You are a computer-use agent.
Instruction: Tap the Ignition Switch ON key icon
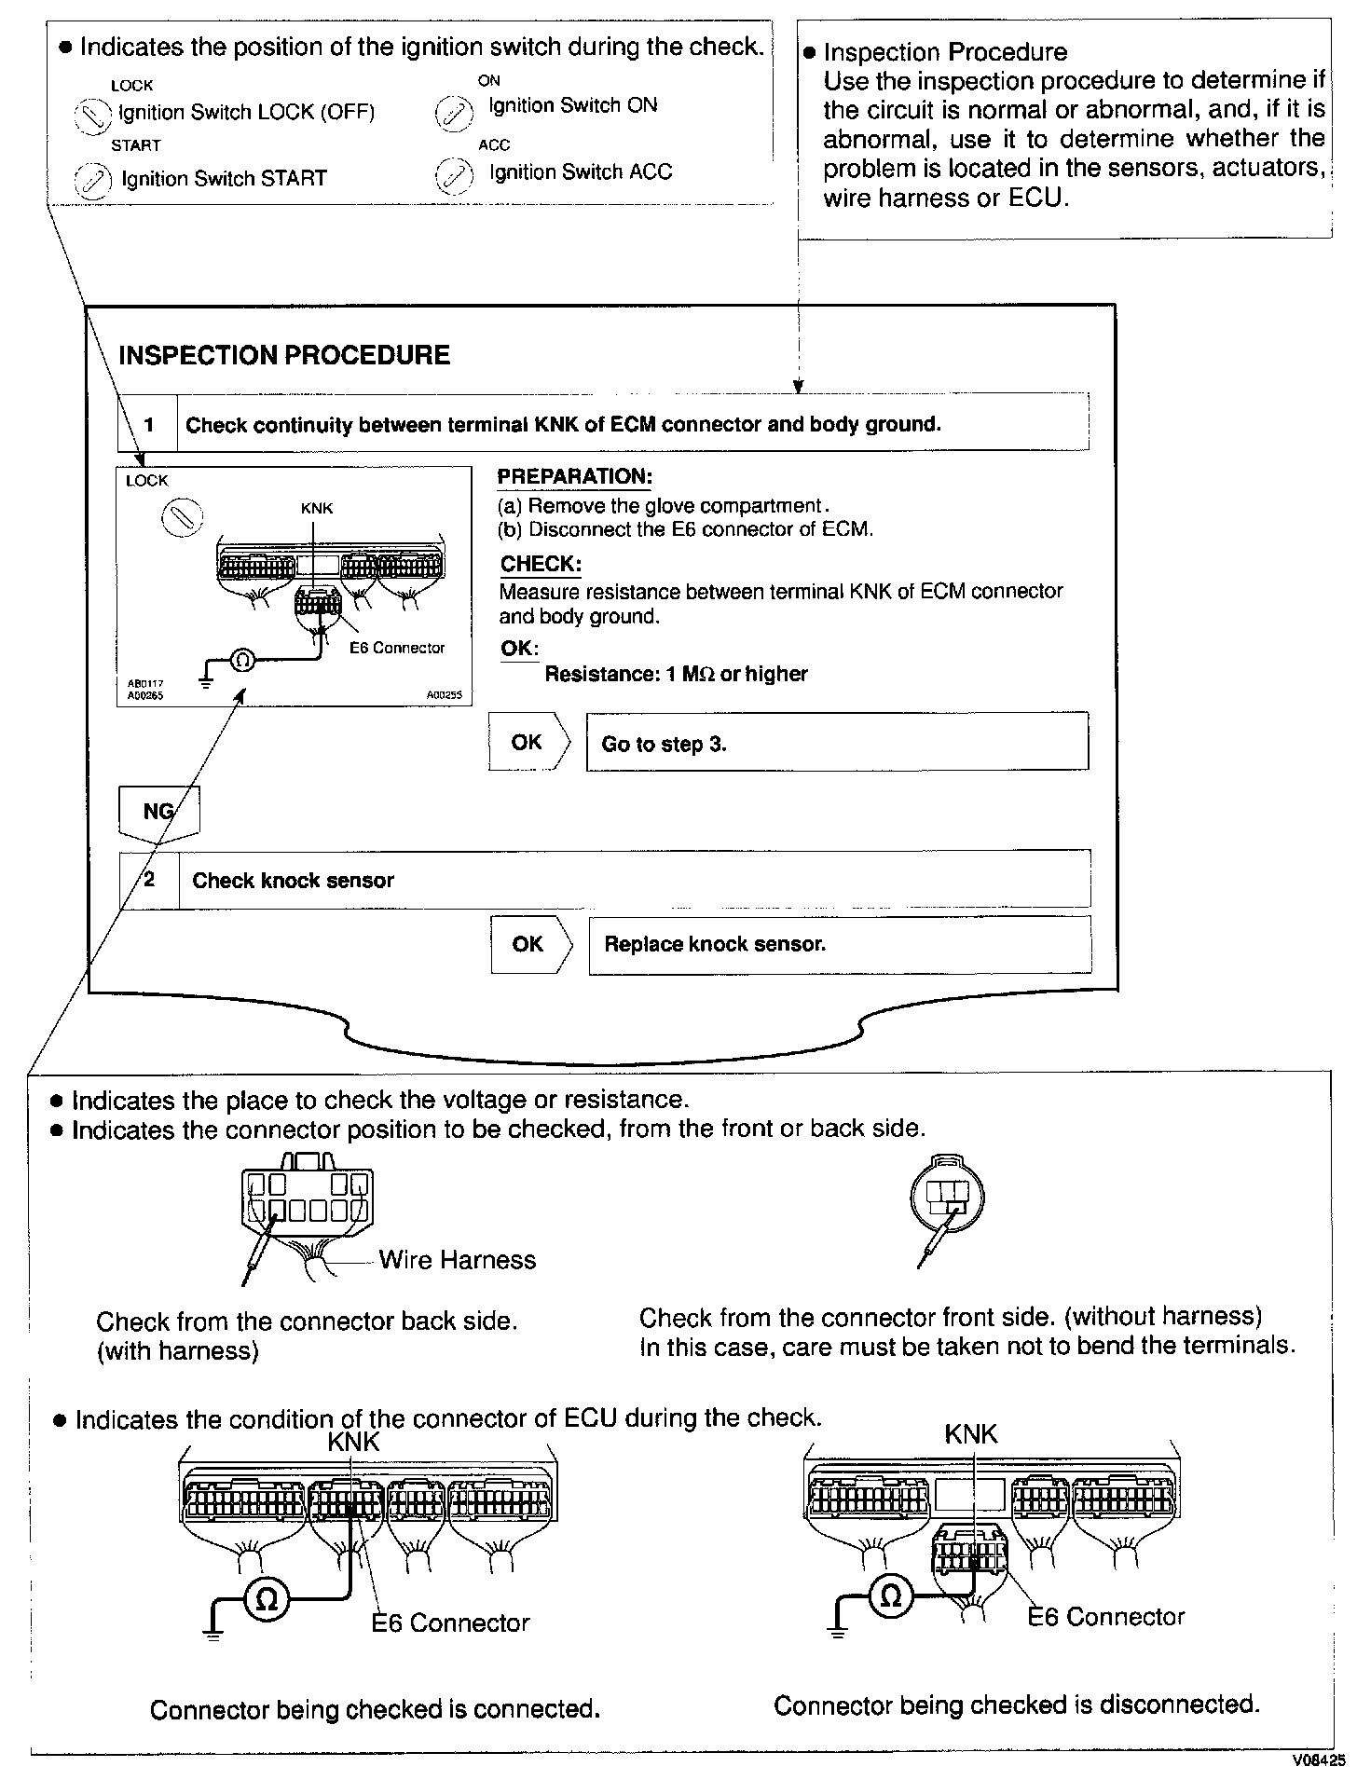(452, 113)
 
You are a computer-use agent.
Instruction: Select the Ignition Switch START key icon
(92, 180)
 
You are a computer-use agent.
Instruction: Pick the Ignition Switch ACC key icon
(452, 175)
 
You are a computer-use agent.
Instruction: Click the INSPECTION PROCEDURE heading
(284, 355)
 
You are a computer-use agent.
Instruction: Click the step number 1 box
(148, 425)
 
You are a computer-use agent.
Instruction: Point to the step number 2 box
(149, 880)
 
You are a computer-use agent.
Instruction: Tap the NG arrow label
(158, 812)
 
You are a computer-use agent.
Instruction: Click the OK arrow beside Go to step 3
(528, 743)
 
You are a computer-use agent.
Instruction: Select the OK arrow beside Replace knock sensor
(528, 944)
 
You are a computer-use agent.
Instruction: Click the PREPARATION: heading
(574, 477)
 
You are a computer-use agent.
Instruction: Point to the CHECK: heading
(541, 564)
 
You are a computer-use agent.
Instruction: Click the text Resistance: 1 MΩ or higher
(676, 674)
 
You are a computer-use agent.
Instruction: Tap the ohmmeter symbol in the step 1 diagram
(241, 661)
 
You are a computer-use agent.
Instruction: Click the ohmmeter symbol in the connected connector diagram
(267, 1600)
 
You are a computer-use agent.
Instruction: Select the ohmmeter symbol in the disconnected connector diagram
(891, 1596)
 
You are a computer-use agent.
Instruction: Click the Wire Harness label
(458, 1260)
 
